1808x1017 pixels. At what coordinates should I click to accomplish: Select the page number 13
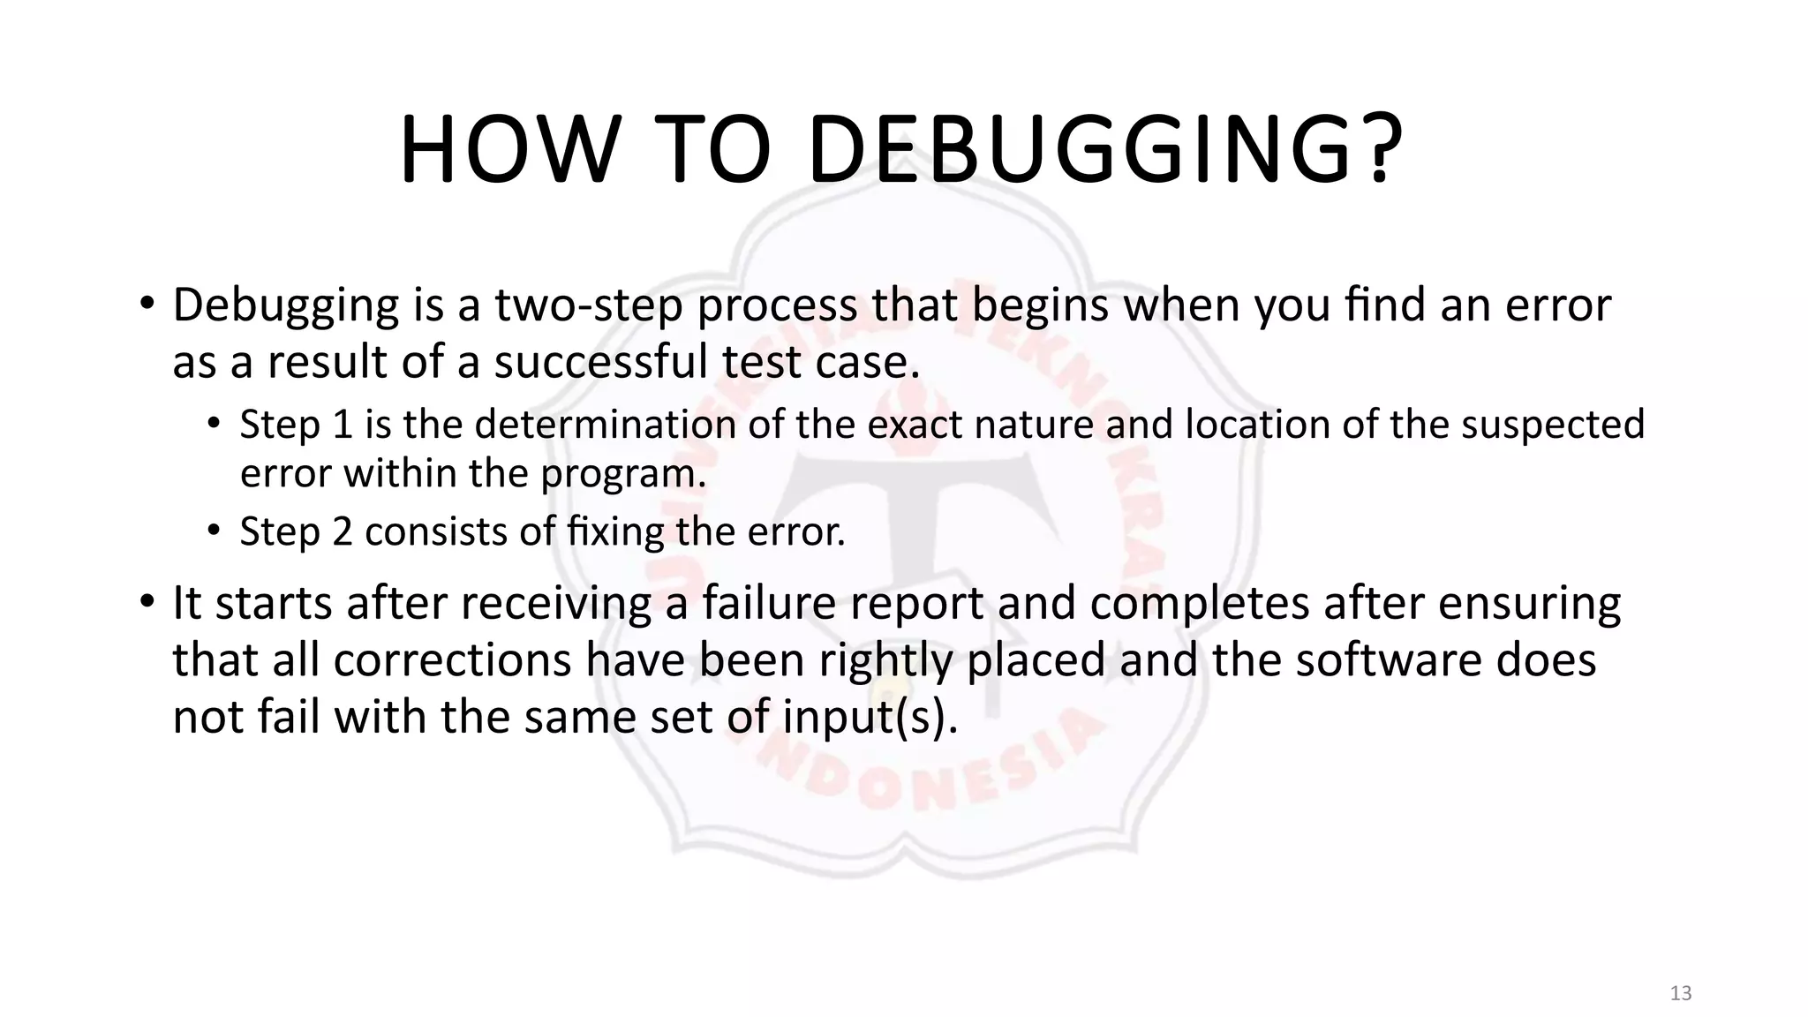[1681, 993]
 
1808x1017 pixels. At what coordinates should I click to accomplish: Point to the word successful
[601, 363]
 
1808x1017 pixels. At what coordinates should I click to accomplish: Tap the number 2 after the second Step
[343, 531]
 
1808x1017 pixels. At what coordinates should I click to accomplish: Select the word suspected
[1553, 425]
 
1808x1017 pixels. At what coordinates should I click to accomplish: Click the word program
[623, 474]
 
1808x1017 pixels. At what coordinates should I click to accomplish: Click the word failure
[769, 603]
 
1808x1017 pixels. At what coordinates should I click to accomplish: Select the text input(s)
[870, 718]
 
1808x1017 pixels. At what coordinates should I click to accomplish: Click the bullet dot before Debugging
[147, 304]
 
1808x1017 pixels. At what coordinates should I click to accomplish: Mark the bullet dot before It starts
[147, 602]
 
